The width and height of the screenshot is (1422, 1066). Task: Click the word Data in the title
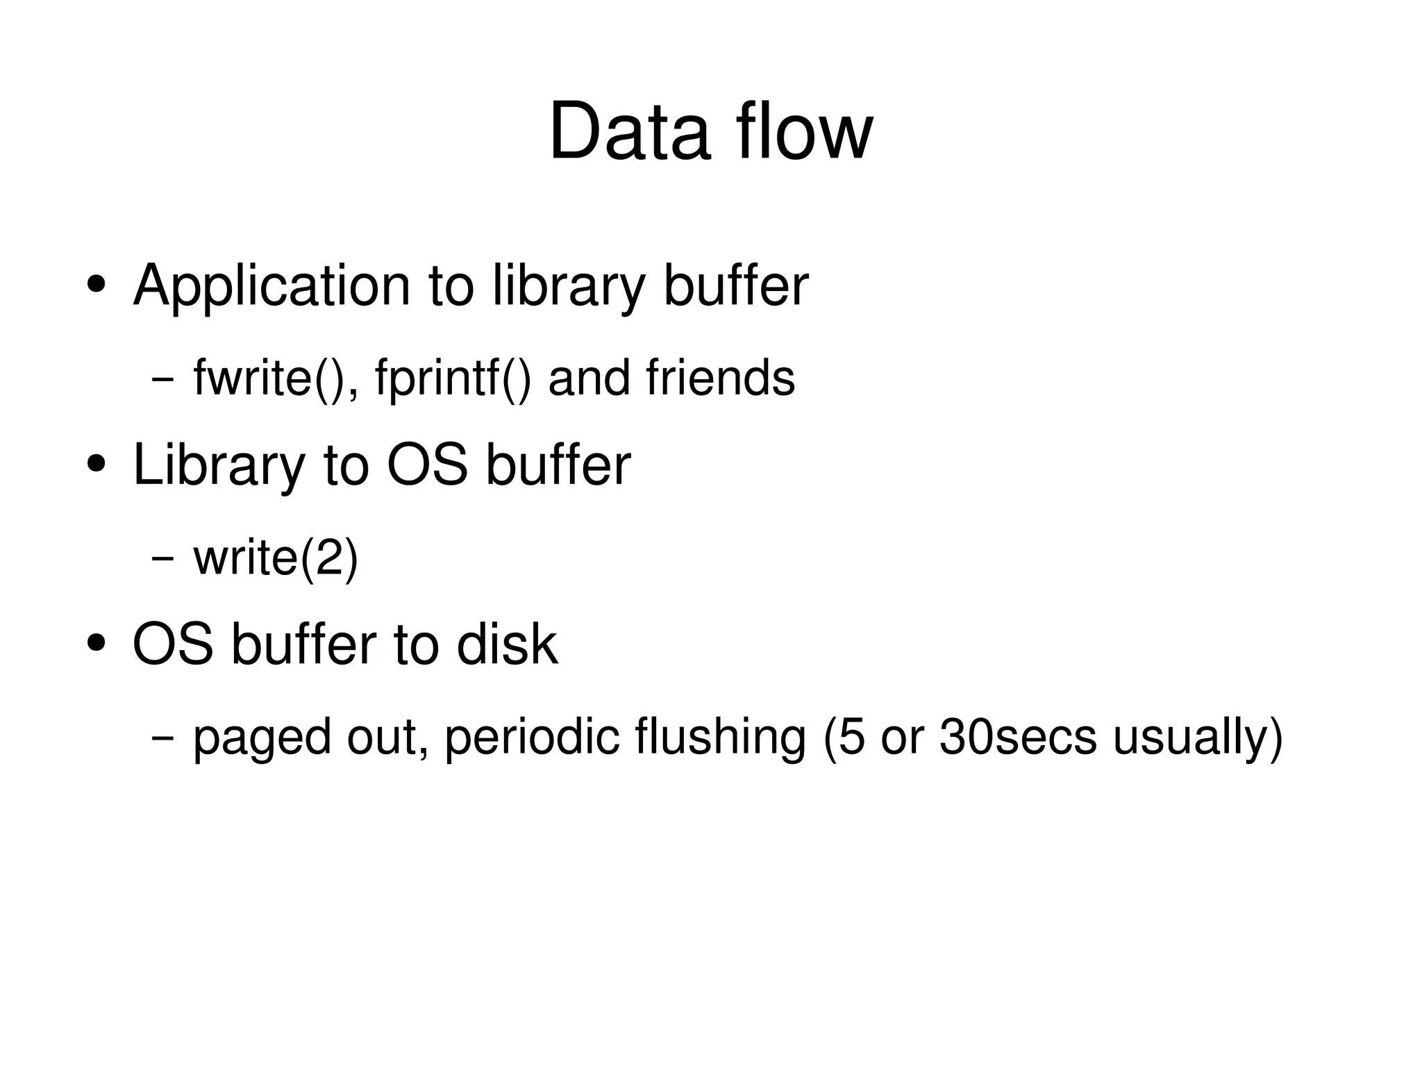[629, 132]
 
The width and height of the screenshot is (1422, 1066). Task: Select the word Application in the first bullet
[271, 285]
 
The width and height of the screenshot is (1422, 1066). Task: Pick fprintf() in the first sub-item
[453, 378]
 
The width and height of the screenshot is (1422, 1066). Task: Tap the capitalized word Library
[219, 465]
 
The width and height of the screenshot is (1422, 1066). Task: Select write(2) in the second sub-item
[276, 558]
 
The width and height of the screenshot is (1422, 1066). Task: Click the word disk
[507, 644]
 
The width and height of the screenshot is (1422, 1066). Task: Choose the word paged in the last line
[262, 738]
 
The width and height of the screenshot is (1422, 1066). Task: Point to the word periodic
[532, 738]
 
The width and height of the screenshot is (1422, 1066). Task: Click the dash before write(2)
[162, 558]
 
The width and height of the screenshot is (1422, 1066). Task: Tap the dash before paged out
[162, 738]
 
